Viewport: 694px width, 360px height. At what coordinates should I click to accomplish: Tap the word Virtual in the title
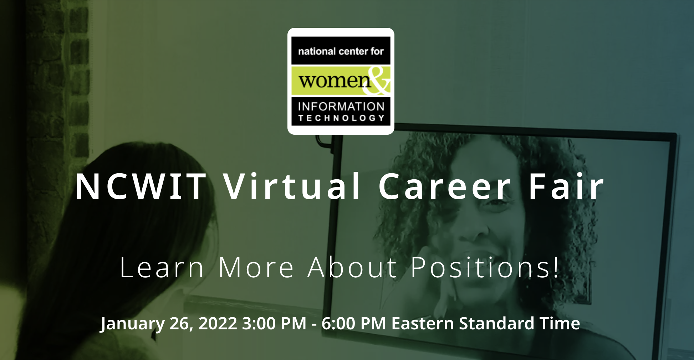click(x=292, y=186)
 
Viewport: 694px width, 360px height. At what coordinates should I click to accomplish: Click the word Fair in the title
click(x=566, y=186)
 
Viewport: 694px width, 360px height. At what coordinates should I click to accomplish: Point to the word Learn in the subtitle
click(x=162, y=267)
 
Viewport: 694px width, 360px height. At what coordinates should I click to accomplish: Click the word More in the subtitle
click(x=256, y=267)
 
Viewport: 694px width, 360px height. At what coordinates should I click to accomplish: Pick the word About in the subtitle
click(x=352, y=267)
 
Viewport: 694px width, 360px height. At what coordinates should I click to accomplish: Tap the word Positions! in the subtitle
click(x=485, y=267)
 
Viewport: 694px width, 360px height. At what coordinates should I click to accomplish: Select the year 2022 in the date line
click(x=218, y=324)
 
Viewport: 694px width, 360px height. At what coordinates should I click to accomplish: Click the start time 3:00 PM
click(x=274, y=324)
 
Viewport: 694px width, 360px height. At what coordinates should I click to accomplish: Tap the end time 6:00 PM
click(x=354, y=324)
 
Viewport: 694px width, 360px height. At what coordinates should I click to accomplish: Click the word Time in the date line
click(x=560, y=324)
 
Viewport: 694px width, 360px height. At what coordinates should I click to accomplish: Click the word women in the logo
click(x=335, y=81)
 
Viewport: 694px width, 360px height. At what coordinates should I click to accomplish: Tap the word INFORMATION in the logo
click(x=341, y=107)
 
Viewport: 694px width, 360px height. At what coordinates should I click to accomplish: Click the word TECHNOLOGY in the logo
click(x=341, y=118)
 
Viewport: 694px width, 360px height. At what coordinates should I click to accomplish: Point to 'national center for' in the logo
click(x=341, y=51)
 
